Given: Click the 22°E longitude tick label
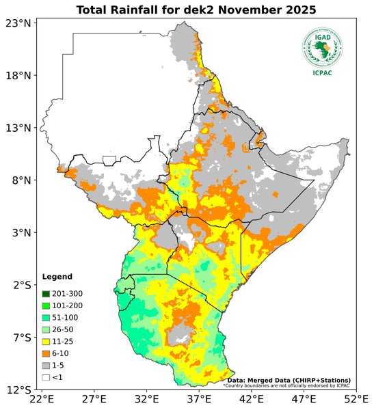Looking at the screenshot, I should pyautogui.click(x=42, y=400).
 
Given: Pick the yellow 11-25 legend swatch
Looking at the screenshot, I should pyautogui.click(x=46, y=341).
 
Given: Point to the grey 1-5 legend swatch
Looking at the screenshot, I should pyautogui.click(x=46, y=365).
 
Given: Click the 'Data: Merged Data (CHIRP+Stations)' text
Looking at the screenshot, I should pyautogui.click(x=289, y=380).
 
